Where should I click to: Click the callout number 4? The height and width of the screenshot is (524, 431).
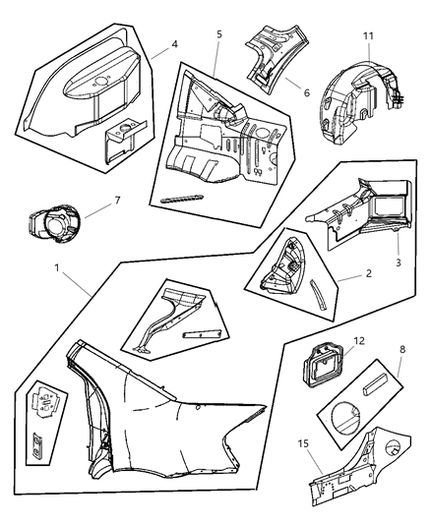click(x=174, y=44)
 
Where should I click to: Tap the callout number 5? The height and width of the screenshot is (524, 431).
click(x=219, y=34)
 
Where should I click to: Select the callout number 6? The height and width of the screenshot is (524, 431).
click(x=307, y=91)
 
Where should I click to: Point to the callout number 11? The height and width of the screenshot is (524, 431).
click(x=368, y=36)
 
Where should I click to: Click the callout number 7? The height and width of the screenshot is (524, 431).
click(x=117, y=201)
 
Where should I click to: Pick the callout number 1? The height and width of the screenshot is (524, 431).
click(x=57, y=267)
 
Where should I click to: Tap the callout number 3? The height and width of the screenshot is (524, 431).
click(x=398, y=262)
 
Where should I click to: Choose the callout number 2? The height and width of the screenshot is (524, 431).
click(x=368, y=273)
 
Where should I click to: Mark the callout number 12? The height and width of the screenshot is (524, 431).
click(x=359, y=341)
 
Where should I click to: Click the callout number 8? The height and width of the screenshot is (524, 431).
click(x=402, y=350)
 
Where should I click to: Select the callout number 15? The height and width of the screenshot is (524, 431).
click(x=303, y=443)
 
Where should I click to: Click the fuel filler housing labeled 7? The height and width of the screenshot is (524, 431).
click(x=53, y=223)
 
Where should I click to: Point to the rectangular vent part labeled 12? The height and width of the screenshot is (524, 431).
click(x=323, y=365)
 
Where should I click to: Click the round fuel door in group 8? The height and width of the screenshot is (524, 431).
click(x=345, y=418)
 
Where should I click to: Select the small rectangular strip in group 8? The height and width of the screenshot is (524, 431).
click(x=375, y=384)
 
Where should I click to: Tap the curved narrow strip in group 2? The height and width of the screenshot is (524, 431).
click(x=319, y=295)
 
